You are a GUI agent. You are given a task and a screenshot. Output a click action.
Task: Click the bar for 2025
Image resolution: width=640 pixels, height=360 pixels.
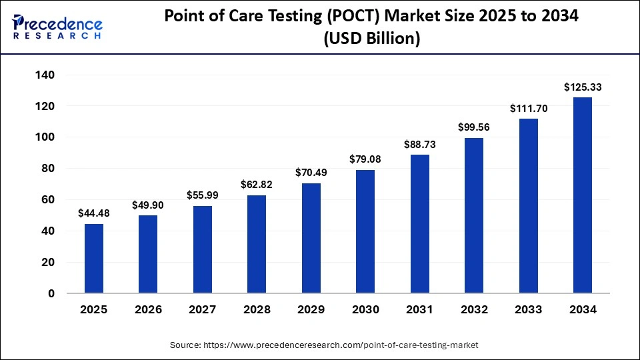tap(94, 259)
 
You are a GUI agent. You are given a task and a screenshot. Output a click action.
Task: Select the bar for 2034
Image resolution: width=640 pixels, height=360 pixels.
tap(583, 195)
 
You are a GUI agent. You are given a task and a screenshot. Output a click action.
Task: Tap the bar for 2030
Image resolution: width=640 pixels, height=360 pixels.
tap(365, 231)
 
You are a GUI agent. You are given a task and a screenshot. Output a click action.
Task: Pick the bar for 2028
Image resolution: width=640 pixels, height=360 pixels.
tap(257, 244)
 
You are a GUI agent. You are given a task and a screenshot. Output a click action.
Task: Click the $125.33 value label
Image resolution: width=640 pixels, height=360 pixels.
tap(583, 87)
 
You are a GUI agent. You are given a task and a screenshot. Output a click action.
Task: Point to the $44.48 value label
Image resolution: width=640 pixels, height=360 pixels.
tap(94, 213)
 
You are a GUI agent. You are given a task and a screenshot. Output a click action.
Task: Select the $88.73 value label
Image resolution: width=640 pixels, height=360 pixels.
tap(420, 144)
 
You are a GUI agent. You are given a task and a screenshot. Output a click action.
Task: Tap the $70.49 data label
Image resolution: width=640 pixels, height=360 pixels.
tap(311, 173)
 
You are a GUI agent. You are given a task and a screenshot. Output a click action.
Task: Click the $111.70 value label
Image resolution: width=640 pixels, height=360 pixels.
tap(528, 108)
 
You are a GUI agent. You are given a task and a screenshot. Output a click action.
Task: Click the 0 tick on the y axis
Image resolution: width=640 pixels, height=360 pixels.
tap(51, 293)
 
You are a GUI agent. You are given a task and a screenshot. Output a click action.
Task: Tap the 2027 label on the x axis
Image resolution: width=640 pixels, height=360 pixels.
tap(203, 310)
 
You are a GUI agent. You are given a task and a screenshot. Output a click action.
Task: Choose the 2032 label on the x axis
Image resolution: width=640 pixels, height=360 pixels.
tap(474, 310)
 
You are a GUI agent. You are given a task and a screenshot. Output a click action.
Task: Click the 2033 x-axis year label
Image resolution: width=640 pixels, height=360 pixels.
tap(528, 310)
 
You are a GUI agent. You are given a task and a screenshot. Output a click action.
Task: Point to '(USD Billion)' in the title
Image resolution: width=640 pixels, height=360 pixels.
tap(372, 39)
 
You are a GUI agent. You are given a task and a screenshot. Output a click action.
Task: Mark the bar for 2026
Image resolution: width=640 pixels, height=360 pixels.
tap(148, 254)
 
